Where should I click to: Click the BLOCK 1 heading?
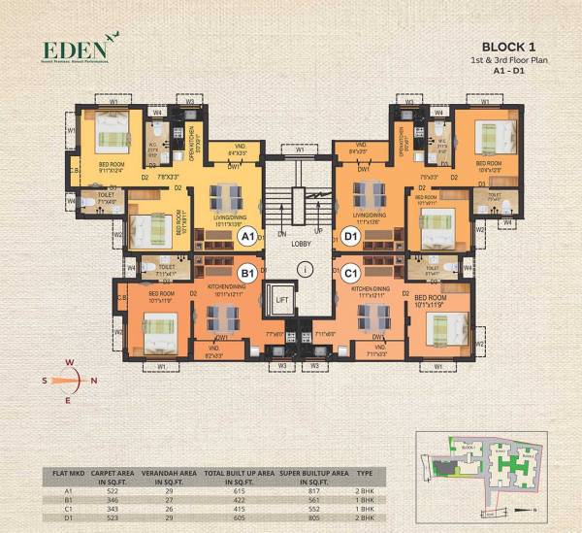[511, 45]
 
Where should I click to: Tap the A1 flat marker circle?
[246, 236]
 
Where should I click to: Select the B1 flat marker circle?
[246, 275]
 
